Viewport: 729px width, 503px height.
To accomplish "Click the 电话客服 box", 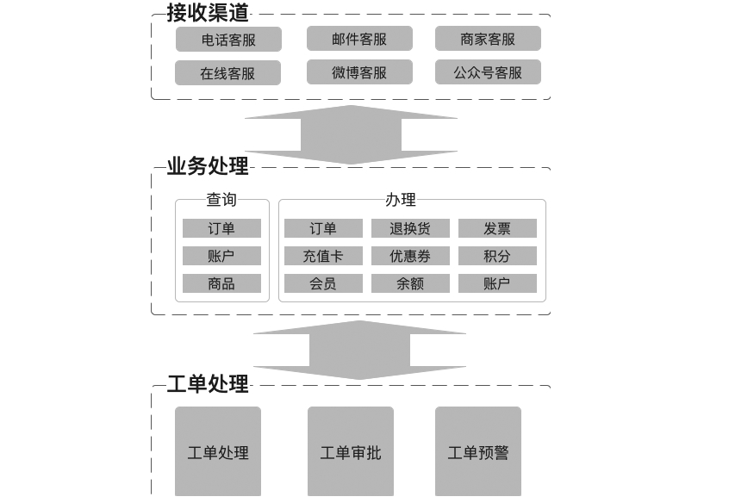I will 228,40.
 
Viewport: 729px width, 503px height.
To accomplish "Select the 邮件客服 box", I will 359,39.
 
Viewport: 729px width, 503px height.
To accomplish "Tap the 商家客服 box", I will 488,39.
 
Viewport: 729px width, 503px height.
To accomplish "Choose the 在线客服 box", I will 227,73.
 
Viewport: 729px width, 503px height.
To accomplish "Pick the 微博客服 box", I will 359,72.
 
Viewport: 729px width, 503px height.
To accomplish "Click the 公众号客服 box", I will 488,72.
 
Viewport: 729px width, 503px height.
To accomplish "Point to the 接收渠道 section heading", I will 208,12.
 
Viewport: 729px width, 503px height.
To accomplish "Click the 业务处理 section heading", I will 208,166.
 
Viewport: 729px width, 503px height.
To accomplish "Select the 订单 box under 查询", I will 221,228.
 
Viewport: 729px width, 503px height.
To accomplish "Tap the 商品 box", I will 221,283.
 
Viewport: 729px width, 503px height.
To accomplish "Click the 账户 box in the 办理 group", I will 497,283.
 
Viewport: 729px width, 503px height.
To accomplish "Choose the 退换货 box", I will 410,228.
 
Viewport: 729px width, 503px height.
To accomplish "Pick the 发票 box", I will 497,228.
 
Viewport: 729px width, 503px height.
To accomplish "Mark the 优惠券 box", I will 410,256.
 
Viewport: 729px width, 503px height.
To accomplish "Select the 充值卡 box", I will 323,256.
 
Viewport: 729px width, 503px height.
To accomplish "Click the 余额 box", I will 410,283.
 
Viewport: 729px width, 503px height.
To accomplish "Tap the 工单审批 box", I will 351,452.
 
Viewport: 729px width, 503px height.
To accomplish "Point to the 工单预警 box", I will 478,452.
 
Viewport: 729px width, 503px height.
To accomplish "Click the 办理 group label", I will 401,200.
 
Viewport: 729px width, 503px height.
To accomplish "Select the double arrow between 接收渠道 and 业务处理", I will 351,134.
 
